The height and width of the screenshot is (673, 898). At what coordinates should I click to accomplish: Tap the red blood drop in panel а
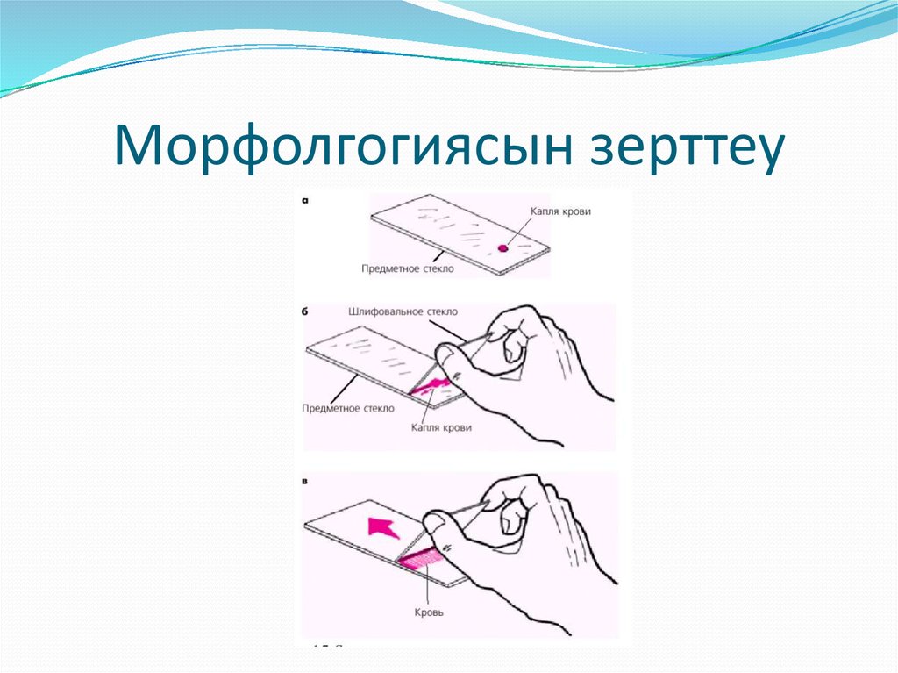(503, 247)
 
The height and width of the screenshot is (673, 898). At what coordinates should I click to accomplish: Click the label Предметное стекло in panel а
(408, 268)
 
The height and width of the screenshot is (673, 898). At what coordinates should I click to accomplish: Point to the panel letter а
(305, 200)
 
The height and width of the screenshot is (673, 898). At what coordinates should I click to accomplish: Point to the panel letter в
(304, 481)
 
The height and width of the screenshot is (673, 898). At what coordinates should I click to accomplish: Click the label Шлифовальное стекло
(403, 311)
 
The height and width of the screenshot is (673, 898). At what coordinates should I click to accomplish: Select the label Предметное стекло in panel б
(347, 408)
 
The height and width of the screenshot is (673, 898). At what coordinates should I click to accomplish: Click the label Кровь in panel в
(430, 612)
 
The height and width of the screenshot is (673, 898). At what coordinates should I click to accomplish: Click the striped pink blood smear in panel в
(421, 555)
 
